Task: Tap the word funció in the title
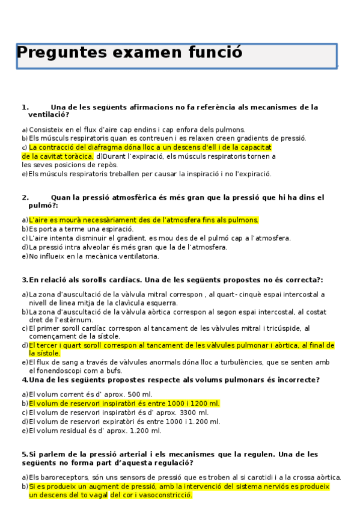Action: (213, 53)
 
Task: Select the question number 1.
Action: (25, 107)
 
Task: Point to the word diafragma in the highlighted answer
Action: (112, 147)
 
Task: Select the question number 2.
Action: (25, 197)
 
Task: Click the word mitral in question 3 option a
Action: (162, 295)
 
